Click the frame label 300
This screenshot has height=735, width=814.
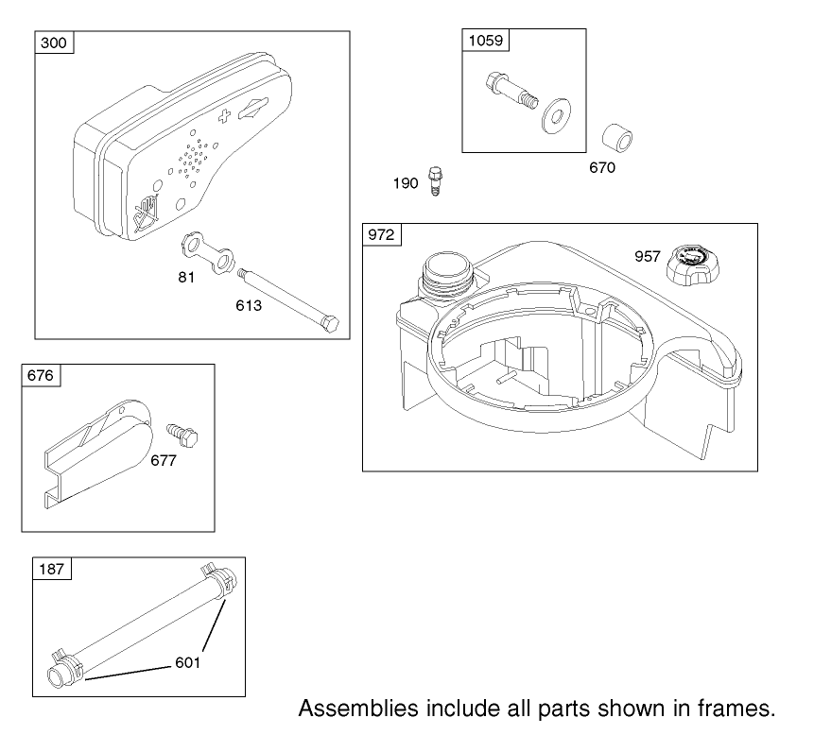tap(54, 43)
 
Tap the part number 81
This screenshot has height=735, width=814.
tap(186, 278)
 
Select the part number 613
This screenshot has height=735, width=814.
tap(249, 305)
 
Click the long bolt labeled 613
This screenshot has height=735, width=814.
tap(287, 299)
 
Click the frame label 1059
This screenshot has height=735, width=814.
tap(486, 41)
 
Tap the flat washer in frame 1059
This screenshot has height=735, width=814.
tap(557, 115)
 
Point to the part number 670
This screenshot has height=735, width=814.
tap(602, 167)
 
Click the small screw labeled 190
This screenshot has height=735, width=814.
tap(436, 180)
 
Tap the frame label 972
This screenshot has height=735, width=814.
tap(381, 235)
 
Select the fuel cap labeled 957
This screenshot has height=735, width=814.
tap(693, 265)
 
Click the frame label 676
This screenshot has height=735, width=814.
tap(41, 375)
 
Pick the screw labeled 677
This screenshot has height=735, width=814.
tap(182, 436)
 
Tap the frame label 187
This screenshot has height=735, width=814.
tap(51, 569)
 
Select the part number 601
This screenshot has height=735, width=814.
tap(188, 662)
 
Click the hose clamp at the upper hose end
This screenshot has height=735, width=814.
tap(219, 579)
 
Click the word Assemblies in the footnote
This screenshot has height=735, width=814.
tap(358, 709)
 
